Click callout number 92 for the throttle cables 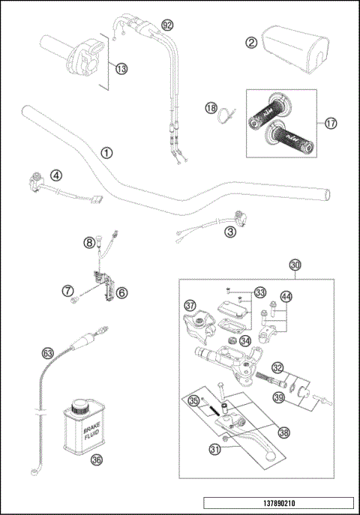[x=167, y=25]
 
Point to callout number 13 [x=121, y=67]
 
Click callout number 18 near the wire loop [x=210, y=109]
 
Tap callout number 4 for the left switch [x=55, y=176]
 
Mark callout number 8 [x=88, y=242]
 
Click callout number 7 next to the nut [x=67, y=289]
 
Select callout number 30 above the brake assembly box [x=295, y=264]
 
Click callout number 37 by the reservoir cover [x=190, y=305]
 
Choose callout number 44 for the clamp [x=286, y=298]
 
